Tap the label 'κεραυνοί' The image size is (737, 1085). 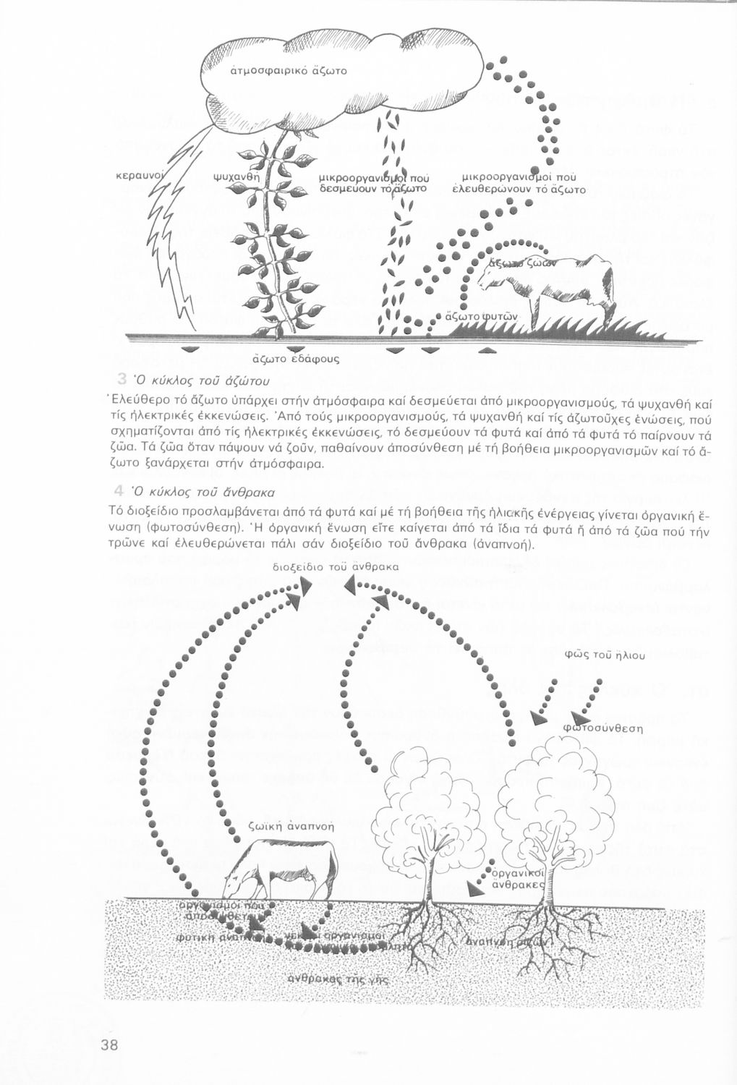tap(137, 176)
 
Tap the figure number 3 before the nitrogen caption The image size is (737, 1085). tap(122, 379)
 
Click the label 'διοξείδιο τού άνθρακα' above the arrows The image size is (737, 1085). tap(336, 568)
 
